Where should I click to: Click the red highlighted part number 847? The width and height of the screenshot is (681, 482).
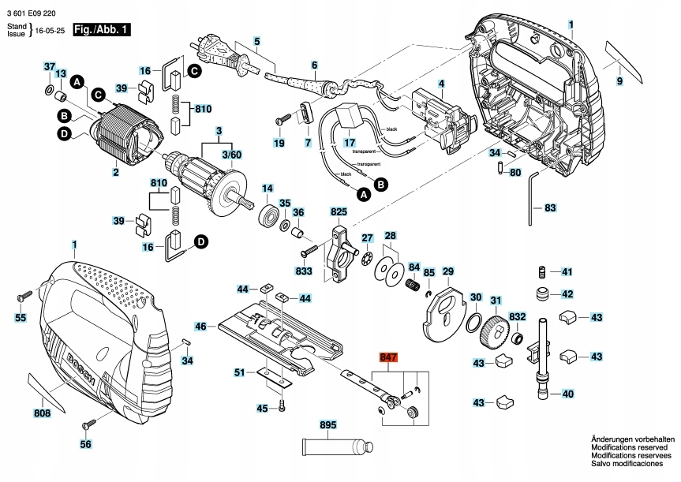click(x=388, y=357)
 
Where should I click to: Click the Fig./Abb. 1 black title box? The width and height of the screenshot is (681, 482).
click(x=101, y=30)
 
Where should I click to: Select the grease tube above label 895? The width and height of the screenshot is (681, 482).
click(x=334, y=445)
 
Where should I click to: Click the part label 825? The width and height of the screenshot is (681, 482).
click(x=339, y=212)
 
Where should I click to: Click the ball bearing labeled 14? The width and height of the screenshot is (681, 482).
click(x=268, y=215)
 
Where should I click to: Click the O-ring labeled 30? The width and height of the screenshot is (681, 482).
click(x=474, y=323)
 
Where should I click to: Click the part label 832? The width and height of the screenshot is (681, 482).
click(x=517, y=316)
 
